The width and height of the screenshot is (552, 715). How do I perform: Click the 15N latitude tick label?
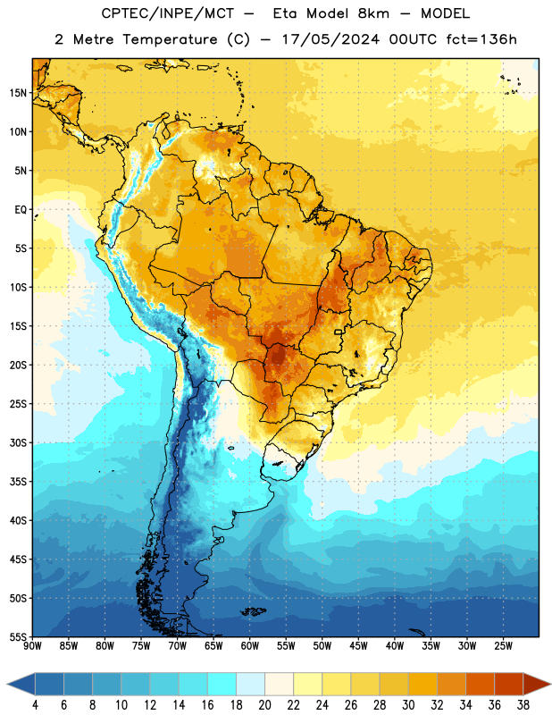click(x=18, y=93)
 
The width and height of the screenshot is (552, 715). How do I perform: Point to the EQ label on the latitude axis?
click(x=21, y=210)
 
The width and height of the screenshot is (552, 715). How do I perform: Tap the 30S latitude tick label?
click(x=18, y=442)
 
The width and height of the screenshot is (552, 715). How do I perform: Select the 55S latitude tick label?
click(x=18, y=637)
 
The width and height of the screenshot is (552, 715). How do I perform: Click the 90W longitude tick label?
click(x=32, y=646)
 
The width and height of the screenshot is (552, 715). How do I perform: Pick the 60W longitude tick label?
click(x=250, y=646)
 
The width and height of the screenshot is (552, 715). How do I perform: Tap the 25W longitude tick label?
click(x=503, y=646)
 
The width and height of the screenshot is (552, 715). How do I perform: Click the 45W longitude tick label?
click(x=359, y=646)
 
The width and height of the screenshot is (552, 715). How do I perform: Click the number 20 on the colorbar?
click(x=264, y=705)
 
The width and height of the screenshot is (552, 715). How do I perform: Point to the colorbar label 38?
click(x=523, y=705)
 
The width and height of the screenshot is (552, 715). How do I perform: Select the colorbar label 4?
click(x=35, y=705)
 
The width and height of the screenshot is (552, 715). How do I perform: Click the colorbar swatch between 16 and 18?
click(x=222, y=685)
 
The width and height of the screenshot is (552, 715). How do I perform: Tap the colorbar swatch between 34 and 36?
click(x=481, y=685)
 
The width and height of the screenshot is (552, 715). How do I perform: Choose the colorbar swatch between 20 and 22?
click(x=280, y=685)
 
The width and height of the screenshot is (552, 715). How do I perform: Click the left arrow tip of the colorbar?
click(x=7, y=685)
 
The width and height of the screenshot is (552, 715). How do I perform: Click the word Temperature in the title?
click(x=170, y=39)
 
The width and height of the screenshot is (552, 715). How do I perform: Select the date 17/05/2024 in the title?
click(x=330, y=39)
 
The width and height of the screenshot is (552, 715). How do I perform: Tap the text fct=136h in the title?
click(x=481, y=39)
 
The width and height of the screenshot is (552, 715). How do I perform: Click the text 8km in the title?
click(x=373, y=13)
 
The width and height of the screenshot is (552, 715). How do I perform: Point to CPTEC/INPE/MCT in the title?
click(x=168, y=13)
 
